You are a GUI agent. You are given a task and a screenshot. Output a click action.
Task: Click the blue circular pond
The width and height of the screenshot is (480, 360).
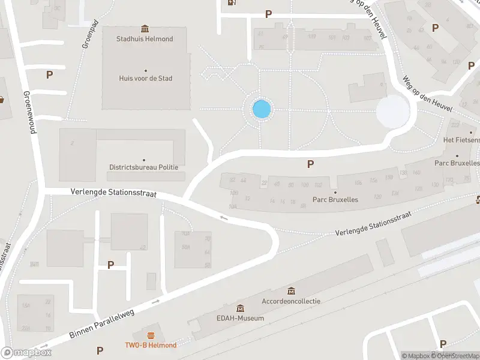pos(262,110)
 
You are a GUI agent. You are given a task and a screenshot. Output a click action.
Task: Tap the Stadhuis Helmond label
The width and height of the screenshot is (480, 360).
pos(145,39)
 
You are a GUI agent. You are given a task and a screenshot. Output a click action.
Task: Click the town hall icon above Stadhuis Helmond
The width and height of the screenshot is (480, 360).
pos(145,28)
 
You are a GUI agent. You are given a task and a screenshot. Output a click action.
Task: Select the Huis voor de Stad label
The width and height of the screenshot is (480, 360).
pos(146,78)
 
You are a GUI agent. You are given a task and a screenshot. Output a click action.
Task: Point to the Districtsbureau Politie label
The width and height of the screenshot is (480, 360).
pos(143,167)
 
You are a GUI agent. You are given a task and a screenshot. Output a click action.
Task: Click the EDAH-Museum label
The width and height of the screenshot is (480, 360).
pos(240,318)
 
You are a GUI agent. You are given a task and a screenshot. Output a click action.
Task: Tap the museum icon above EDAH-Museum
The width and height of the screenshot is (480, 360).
pos(240,308)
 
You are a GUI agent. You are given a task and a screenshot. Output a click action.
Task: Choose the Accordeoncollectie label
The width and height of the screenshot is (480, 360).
pos(291,301)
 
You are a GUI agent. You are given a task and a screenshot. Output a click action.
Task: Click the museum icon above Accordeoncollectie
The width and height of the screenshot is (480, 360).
pos(291,291)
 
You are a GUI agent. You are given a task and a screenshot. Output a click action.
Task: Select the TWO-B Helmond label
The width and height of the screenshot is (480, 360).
pos(151,345)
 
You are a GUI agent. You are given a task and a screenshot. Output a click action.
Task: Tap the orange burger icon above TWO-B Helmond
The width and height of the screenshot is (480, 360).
pos(151,335)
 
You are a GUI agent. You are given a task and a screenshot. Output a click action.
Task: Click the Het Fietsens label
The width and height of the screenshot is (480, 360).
pos(461,140)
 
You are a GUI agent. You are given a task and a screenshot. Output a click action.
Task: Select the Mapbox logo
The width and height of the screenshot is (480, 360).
pos(26,353)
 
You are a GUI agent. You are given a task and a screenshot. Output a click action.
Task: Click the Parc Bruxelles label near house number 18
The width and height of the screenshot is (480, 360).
pos(335,200)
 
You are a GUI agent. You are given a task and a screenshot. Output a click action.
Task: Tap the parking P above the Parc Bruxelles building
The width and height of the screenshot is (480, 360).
pos(310,163)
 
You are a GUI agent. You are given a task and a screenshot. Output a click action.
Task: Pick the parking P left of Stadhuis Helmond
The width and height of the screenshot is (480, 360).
pos(49,75)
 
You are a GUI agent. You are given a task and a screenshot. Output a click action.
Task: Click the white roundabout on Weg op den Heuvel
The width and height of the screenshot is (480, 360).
pos(392,112)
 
